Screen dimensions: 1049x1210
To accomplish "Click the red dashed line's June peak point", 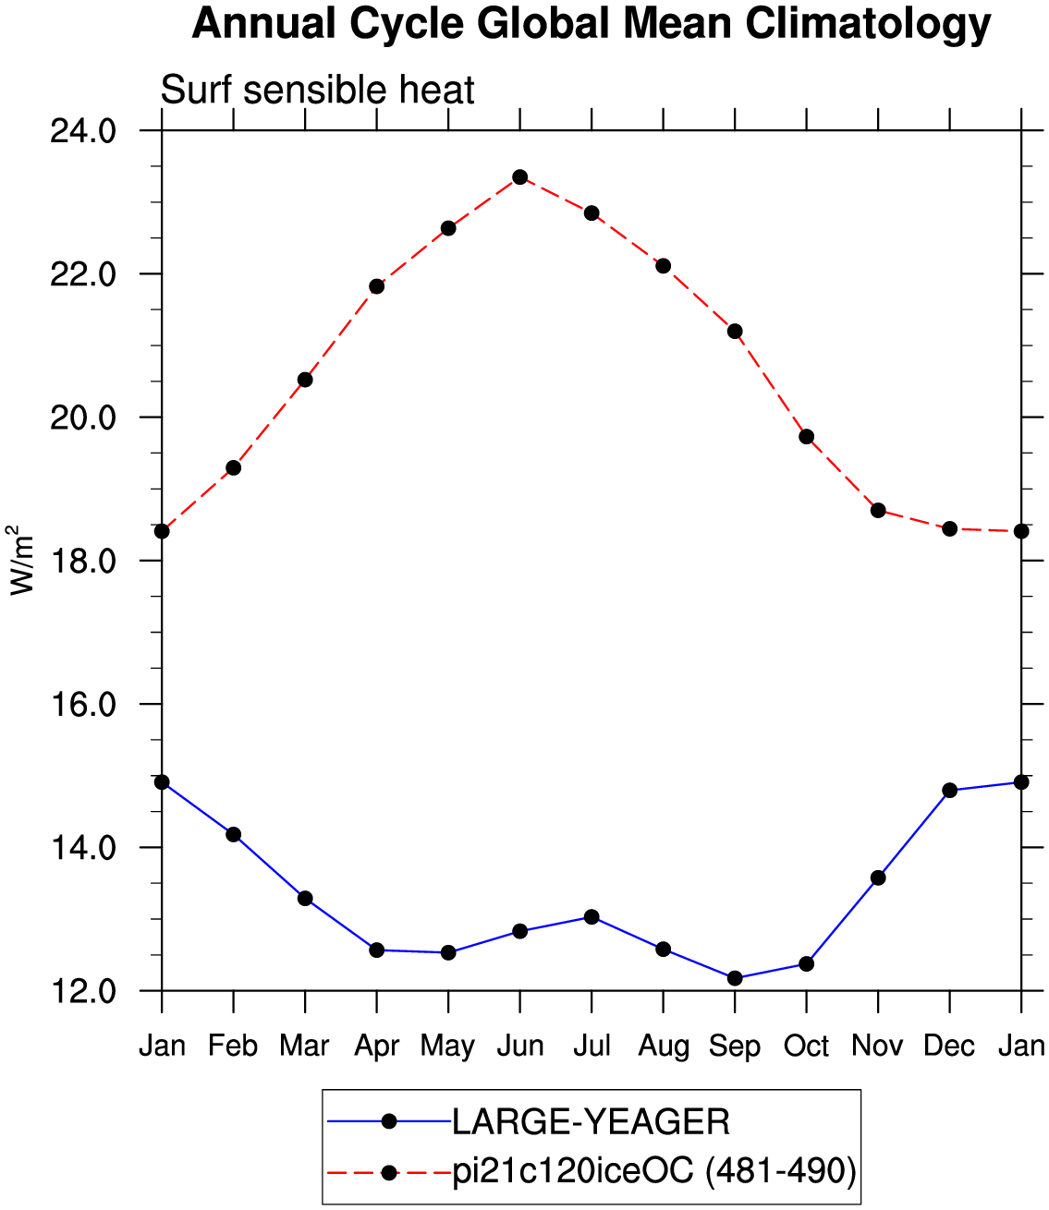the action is point(519,176).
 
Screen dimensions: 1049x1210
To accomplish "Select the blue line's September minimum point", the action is point(735,978).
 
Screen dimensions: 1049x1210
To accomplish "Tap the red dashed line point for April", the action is point(376,286).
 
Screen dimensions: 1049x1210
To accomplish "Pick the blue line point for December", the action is point(949,791).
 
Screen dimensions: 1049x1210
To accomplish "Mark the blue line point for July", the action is point(592,916).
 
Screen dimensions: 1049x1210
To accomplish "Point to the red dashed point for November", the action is point(878,511).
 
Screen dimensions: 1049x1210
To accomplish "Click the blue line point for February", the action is point(233,834).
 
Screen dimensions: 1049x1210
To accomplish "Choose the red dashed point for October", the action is point(807,437).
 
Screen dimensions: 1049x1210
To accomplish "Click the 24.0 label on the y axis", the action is point(83,132).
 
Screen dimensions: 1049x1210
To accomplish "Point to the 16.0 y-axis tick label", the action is point(83,705).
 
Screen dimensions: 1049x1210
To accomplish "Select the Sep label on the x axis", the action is point(735,1047).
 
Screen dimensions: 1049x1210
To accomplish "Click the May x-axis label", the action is point(447,1047).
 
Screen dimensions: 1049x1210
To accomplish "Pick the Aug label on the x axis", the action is point(664,1047).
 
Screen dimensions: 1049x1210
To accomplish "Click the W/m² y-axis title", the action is point(20,561).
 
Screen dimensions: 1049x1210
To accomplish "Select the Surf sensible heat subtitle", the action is point(317,91).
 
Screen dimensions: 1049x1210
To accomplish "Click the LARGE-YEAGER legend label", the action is point(591,1121).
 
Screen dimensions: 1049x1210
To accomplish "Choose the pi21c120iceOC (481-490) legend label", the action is point(654,1171).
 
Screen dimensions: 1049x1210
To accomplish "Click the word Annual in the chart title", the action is point(263,23).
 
